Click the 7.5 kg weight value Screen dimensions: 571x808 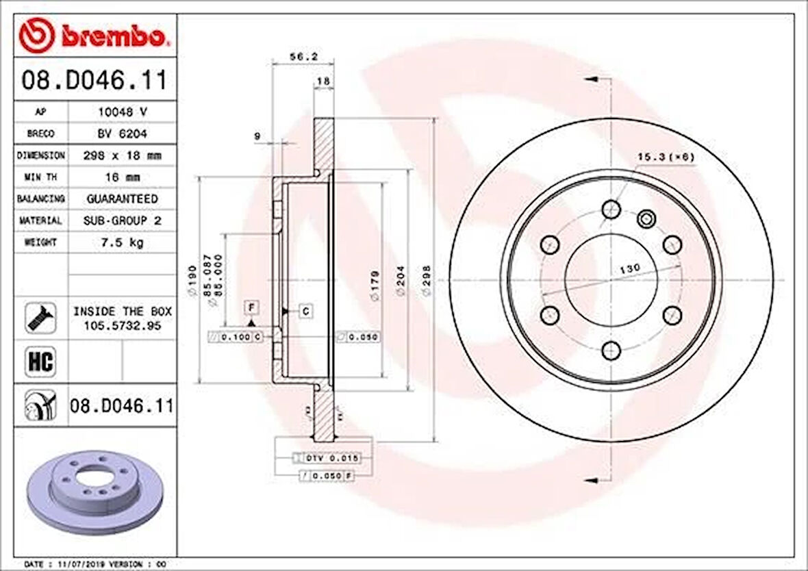tap(121, 242)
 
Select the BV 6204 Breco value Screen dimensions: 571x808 tap(121, 134)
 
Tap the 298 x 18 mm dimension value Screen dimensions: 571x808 tap(121, 155)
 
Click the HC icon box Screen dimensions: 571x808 tap(40, 361)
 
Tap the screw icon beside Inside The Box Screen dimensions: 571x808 tap(40, 318)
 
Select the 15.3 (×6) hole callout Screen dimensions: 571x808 tap(666, 157)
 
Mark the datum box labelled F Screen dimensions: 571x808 tap(252, 305)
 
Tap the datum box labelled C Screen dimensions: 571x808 tap(305, 312)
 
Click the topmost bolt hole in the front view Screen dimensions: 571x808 tap(611, 209)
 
